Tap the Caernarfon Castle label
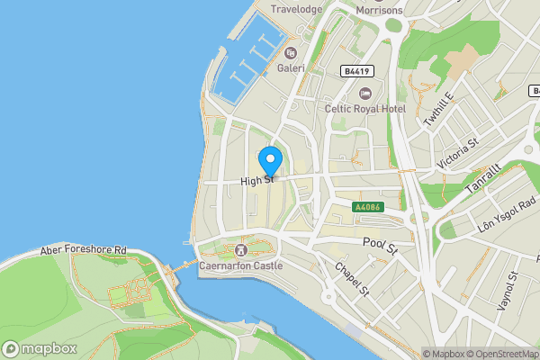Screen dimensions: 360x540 click(240, 265)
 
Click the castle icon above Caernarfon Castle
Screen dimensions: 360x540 click(240, 249)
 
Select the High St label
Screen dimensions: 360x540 click(256, 181)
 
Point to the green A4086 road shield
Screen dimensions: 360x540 click(368, 207)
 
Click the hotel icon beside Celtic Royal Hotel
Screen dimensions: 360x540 click(364, 93)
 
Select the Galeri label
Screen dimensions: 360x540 click(291, 67)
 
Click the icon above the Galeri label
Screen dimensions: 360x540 click(291, 52)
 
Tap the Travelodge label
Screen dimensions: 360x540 click(297, 10)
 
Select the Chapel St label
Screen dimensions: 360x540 click(352, 280)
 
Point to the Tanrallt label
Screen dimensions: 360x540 click(481, 180)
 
